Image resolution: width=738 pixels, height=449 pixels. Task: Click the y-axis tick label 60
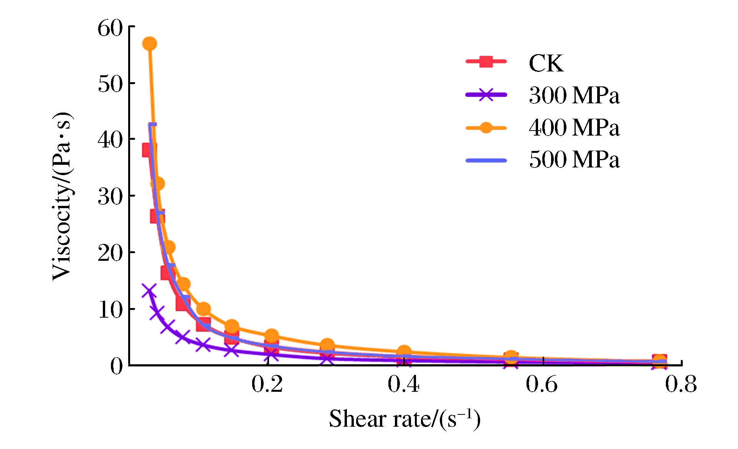pyautogui.click(x=110, y=28)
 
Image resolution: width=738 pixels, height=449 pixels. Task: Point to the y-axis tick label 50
pyautogui.click(x=110, y=84)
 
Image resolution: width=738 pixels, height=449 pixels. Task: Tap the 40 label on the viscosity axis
pyautogui.click(x=110, y=140)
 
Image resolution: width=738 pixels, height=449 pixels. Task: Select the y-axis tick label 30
pyautogui.click(x=110, y=197)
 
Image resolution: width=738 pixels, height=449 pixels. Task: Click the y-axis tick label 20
pyautogui.click(x=110, y=253)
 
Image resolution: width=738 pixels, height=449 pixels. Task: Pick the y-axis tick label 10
pyautogui.click(x=110, y=310)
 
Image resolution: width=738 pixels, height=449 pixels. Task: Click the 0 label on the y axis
pyautogui.click(x=117, y=366)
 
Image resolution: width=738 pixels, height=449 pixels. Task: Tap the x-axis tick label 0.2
pyautogui.click(x=267, y=384)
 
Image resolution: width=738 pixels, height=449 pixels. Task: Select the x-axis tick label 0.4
pyautogui.click(x=403, y=384)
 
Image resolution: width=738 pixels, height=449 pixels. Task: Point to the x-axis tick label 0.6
pyautogui.click(x=542, y=384)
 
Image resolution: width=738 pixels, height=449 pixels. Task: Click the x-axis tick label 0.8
pyautogui.click(x=681, y=384)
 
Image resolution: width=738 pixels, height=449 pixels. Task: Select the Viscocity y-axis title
pyautogui.click(x=63, y=196)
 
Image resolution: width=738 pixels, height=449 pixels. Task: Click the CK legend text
pyautogui.click(x=546, y=63)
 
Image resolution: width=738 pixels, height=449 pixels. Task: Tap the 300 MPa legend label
pyautogui.click(x=574, y=95)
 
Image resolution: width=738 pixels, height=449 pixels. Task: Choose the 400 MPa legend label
pyautogui.click(x=574, y=128)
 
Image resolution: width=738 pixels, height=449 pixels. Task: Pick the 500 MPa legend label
pyautogui.click(x=574, y=160)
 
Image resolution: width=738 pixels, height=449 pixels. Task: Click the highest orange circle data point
pyautogui.click(x=149, y=44)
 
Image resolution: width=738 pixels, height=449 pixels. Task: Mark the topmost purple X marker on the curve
pyautogui.click(x=149, y=291)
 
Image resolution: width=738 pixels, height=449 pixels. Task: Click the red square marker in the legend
pyautogui.click(x=486, y=61)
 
